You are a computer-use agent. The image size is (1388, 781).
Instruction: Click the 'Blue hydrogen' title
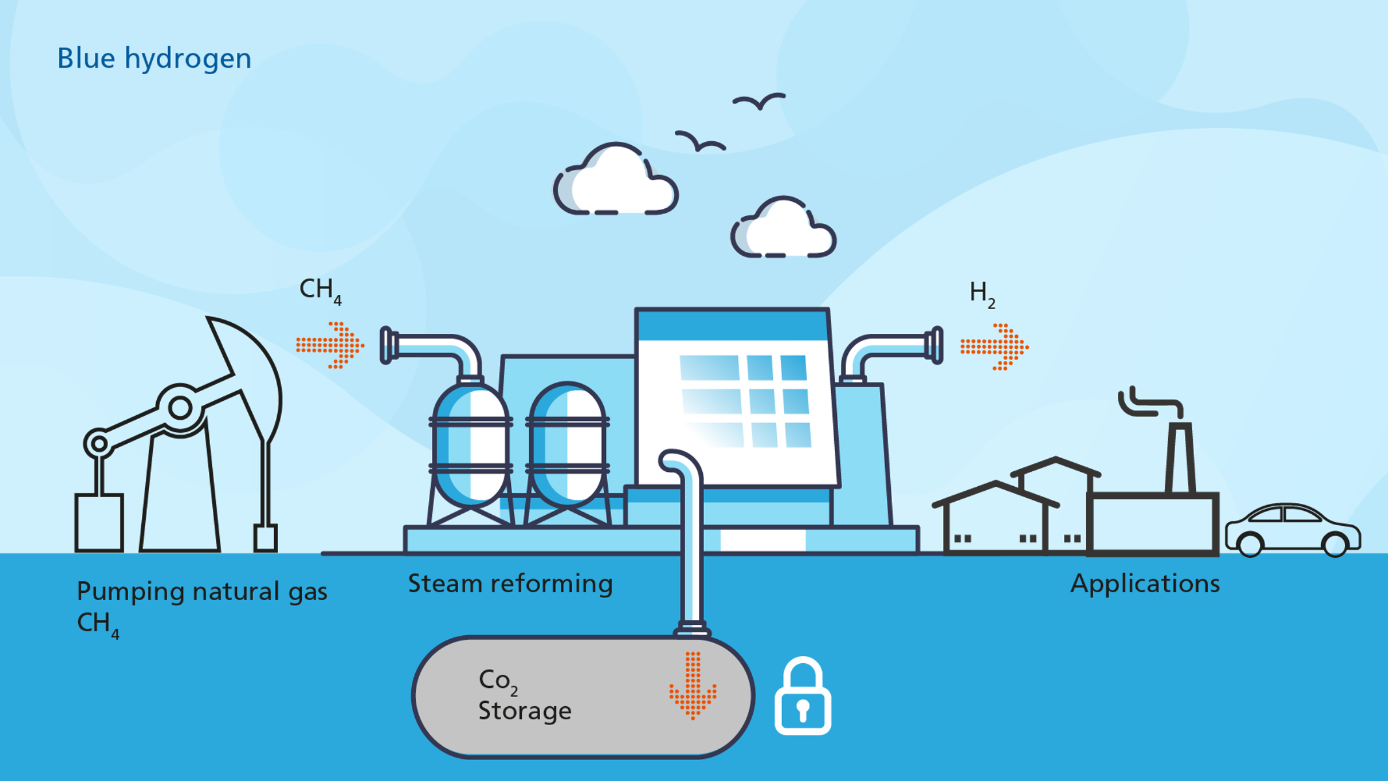[154, 59]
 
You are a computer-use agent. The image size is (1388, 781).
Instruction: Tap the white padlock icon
[802, 698]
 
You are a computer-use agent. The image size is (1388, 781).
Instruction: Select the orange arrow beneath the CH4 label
[330, 345]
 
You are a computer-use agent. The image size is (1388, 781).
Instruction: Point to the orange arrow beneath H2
[994, 347]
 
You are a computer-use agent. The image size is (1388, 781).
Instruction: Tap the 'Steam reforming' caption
[510, 584]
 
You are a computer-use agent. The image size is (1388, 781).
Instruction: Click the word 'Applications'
[1145, 584]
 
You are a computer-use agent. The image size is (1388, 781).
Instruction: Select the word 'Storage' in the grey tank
[524, 711]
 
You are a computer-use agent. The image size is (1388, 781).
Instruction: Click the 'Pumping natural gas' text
[202, 592]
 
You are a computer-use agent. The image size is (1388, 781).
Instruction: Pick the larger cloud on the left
[615, 182]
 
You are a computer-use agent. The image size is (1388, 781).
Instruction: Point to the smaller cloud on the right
[783, 229]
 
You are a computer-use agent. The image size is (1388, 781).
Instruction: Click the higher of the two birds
[759, 102]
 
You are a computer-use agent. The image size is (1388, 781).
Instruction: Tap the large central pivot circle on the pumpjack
[180, 408]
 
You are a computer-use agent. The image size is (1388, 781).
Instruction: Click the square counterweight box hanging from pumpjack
[99, 523]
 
